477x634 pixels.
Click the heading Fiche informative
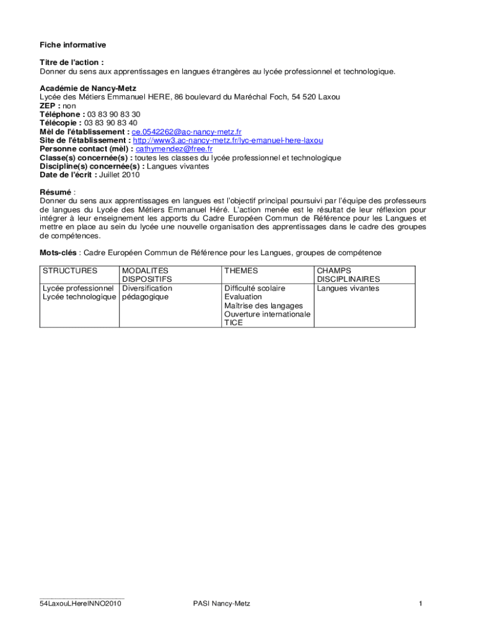[73, 45]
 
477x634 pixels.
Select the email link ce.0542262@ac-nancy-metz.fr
[186, 132]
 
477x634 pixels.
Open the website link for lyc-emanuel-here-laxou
[228, 141]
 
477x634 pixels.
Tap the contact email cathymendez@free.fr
[174, 149]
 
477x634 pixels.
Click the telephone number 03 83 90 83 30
[113, 115]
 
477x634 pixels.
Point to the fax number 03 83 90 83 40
[111, 123]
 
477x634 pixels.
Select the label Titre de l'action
[71, 63]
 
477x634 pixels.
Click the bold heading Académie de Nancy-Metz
[88, 89]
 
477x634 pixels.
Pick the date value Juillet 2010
[120, 175]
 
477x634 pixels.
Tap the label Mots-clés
[58, 253]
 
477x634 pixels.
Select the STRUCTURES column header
[70, 271]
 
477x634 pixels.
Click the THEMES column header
[241, 271]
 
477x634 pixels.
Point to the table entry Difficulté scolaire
[255, 289]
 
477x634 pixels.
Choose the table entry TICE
[234, 323]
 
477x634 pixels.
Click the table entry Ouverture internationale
[267, 314]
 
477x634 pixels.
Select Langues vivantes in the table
[348, 289]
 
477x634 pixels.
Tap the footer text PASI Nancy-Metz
[222, 604]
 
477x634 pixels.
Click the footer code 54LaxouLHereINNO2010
[81, 604]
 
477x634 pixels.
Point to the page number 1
[420, 604]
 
